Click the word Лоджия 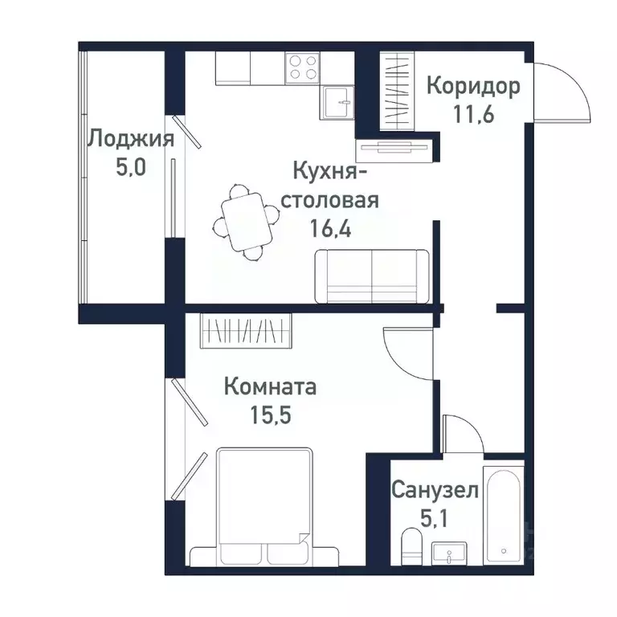tap(130, 139)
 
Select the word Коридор tap(473, 85)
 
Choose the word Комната tap(270, 386)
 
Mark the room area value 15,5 tap(270, 416)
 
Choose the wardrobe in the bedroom tap(246, 330)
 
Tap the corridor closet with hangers tap(396, 90)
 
